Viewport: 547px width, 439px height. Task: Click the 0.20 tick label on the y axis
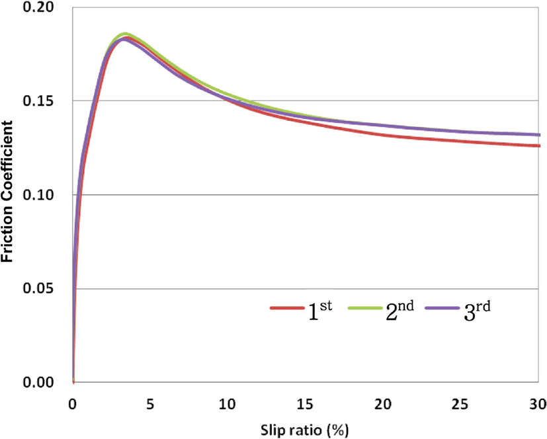38,7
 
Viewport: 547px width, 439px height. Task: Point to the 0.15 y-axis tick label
38,100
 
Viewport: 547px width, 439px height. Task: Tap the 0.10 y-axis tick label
38,194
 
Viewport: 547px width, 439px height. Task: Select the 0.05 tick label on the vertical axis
38,288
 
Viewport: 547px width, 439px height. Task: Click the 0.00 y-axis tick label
38,382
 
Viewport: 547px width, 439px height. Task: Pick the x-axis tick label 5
150,405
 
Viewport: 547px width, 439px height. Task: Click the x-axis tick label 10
228,405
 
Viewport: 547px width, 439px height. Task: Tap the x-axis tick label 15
305,405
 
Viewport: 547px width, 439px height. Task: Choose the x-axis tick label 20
383,405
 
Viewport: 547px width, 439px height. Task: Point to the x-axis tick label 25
460,405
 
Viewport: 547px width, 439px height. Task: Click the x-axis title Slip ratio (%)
304,430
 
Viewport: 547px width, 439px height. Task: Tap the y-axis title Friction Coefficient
7,192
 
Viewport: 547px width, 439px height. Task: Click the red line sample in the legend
287,308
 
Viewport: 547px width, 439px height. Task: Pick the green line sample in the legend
365,308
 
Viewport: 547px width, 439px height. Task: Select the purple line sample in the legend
442,308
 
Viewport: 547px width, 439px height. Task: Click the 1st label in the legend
320,310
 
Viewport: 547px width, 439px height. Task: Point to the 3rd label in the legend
477,310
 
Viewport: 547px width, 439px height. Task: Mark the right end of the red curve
540,145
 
